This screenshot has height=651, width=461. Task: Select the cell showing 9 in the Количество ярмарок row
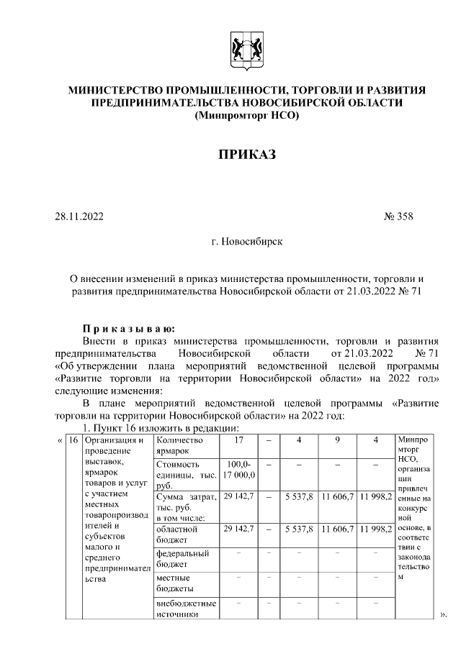tap(337, 440)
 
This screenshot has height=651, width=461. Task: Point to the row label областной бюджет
tap(177, 534)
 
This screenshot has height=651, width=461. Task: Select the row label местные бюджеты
tap(174, 583)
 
